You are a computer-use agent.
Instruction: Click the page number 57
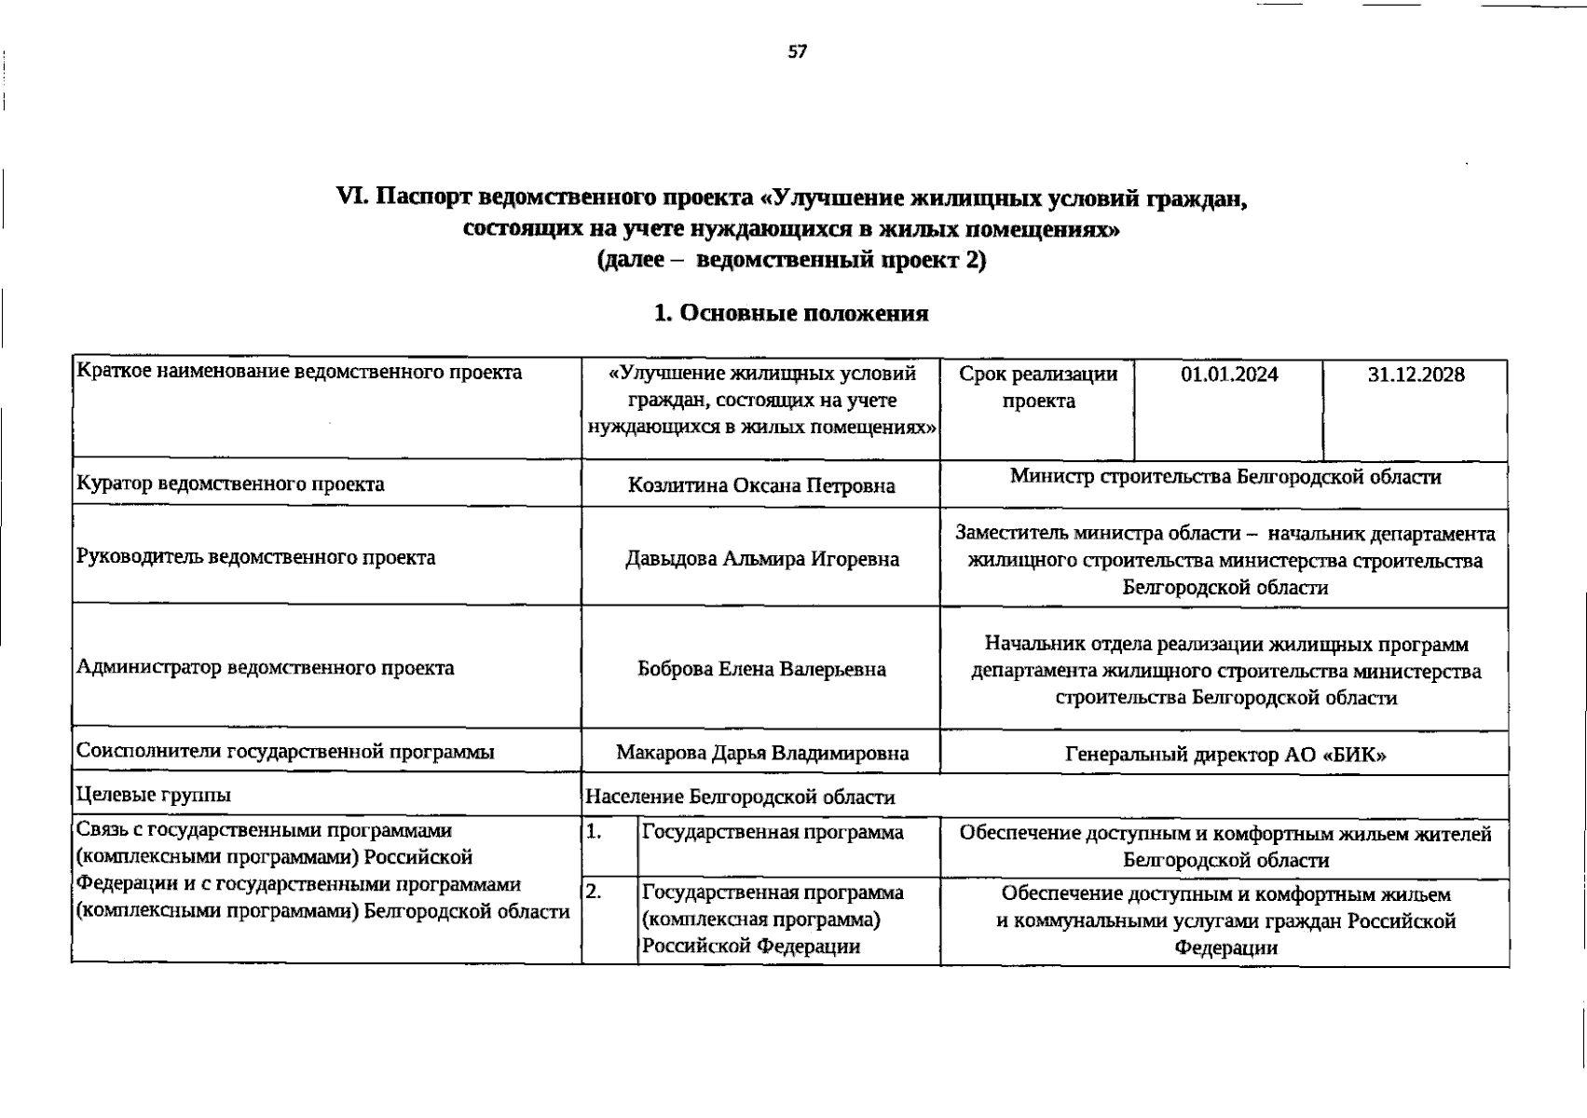(x=797, y=52)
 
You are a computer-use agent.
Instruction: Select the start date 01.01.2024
(x=1228, y=375)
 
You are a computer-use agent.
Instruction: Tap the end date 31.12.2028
(x=1416, y=375)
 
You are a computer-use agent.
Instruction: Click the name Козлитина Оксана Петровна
(x=760, y=485)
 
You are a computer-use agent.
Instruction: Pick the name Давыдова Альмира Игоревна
(x=760, y=559)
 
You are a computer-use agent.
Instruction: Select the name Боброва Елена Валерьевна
(x=760, y=669)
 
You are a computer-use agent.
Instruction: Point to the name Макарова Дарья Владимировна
(x=760, y=753)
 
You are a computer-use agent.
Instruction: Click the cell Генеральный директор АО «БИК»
(x=1224, y=755)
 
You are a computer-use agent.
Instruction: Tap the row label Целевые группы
(x=154, y=795)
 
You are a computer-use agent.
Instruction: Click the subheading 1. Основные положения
(x=791, y=313)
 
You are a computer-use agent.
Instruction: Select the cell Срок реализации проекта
(x=1037, y=388)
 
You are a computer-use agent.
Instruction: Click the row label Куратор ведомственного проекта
(x=230, y=484)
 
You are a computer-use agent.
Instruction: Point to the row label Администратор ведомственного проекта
(x=265, y=668)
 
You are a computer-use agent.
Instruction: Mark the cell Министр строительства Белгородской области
(x=1224, y=477)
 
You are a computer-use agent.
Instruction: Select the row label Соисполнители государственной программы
(x=285, y=751)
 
